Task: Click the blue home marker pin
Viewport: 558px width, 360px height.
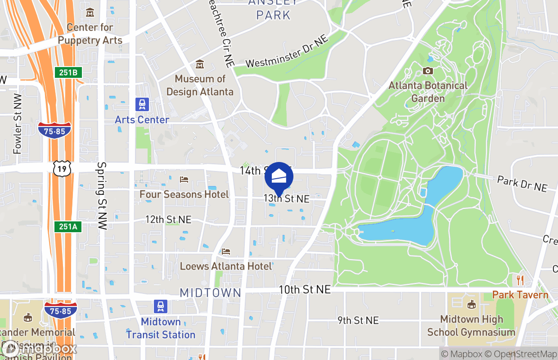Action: click(279, 177)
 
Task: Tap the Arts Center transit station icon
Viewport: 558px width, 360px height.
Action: click(142, 104)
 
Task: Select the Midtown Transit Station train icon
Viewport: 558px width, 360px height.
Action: click(161, 306)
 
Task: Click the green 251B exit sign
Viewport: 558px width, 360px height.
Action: click(67, 72)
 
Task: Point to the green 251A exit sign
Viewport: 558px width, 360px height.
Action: click(68, 226)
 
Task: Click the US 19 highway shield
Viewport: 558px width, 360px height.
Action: click(60, 169)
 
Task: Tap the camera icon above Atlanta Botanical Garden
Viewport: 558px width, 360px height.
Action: click(427, 71)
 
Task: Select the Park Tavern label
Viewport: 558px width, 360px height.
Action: click(520, 295)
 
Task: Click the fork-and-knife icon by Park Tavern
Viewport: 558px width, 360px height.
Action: click(520, 280)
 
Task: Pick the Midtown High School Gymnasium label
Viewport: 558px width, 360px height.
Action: click(471, 326)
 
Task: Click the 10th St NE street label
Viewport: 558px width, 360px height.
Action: click(305, 289)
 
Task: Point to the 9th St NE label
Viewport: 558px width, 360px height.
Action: click(358, 320)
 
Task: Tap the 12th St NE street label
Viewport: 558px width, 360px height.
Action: click(168, 220)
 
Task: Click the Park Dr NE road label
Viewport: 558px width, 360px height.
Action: click(522, 184)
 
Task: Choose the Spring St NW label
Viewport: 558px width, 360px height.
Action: click(102, 196)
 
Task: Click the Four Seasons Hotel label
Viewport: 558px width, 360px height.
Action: click(184, 194)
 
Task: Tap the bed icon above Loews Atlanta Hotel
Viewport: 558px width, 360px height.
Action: click(226, 252)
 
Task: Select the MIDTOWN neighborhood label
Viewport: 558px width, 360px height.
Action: click(211, 293)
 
